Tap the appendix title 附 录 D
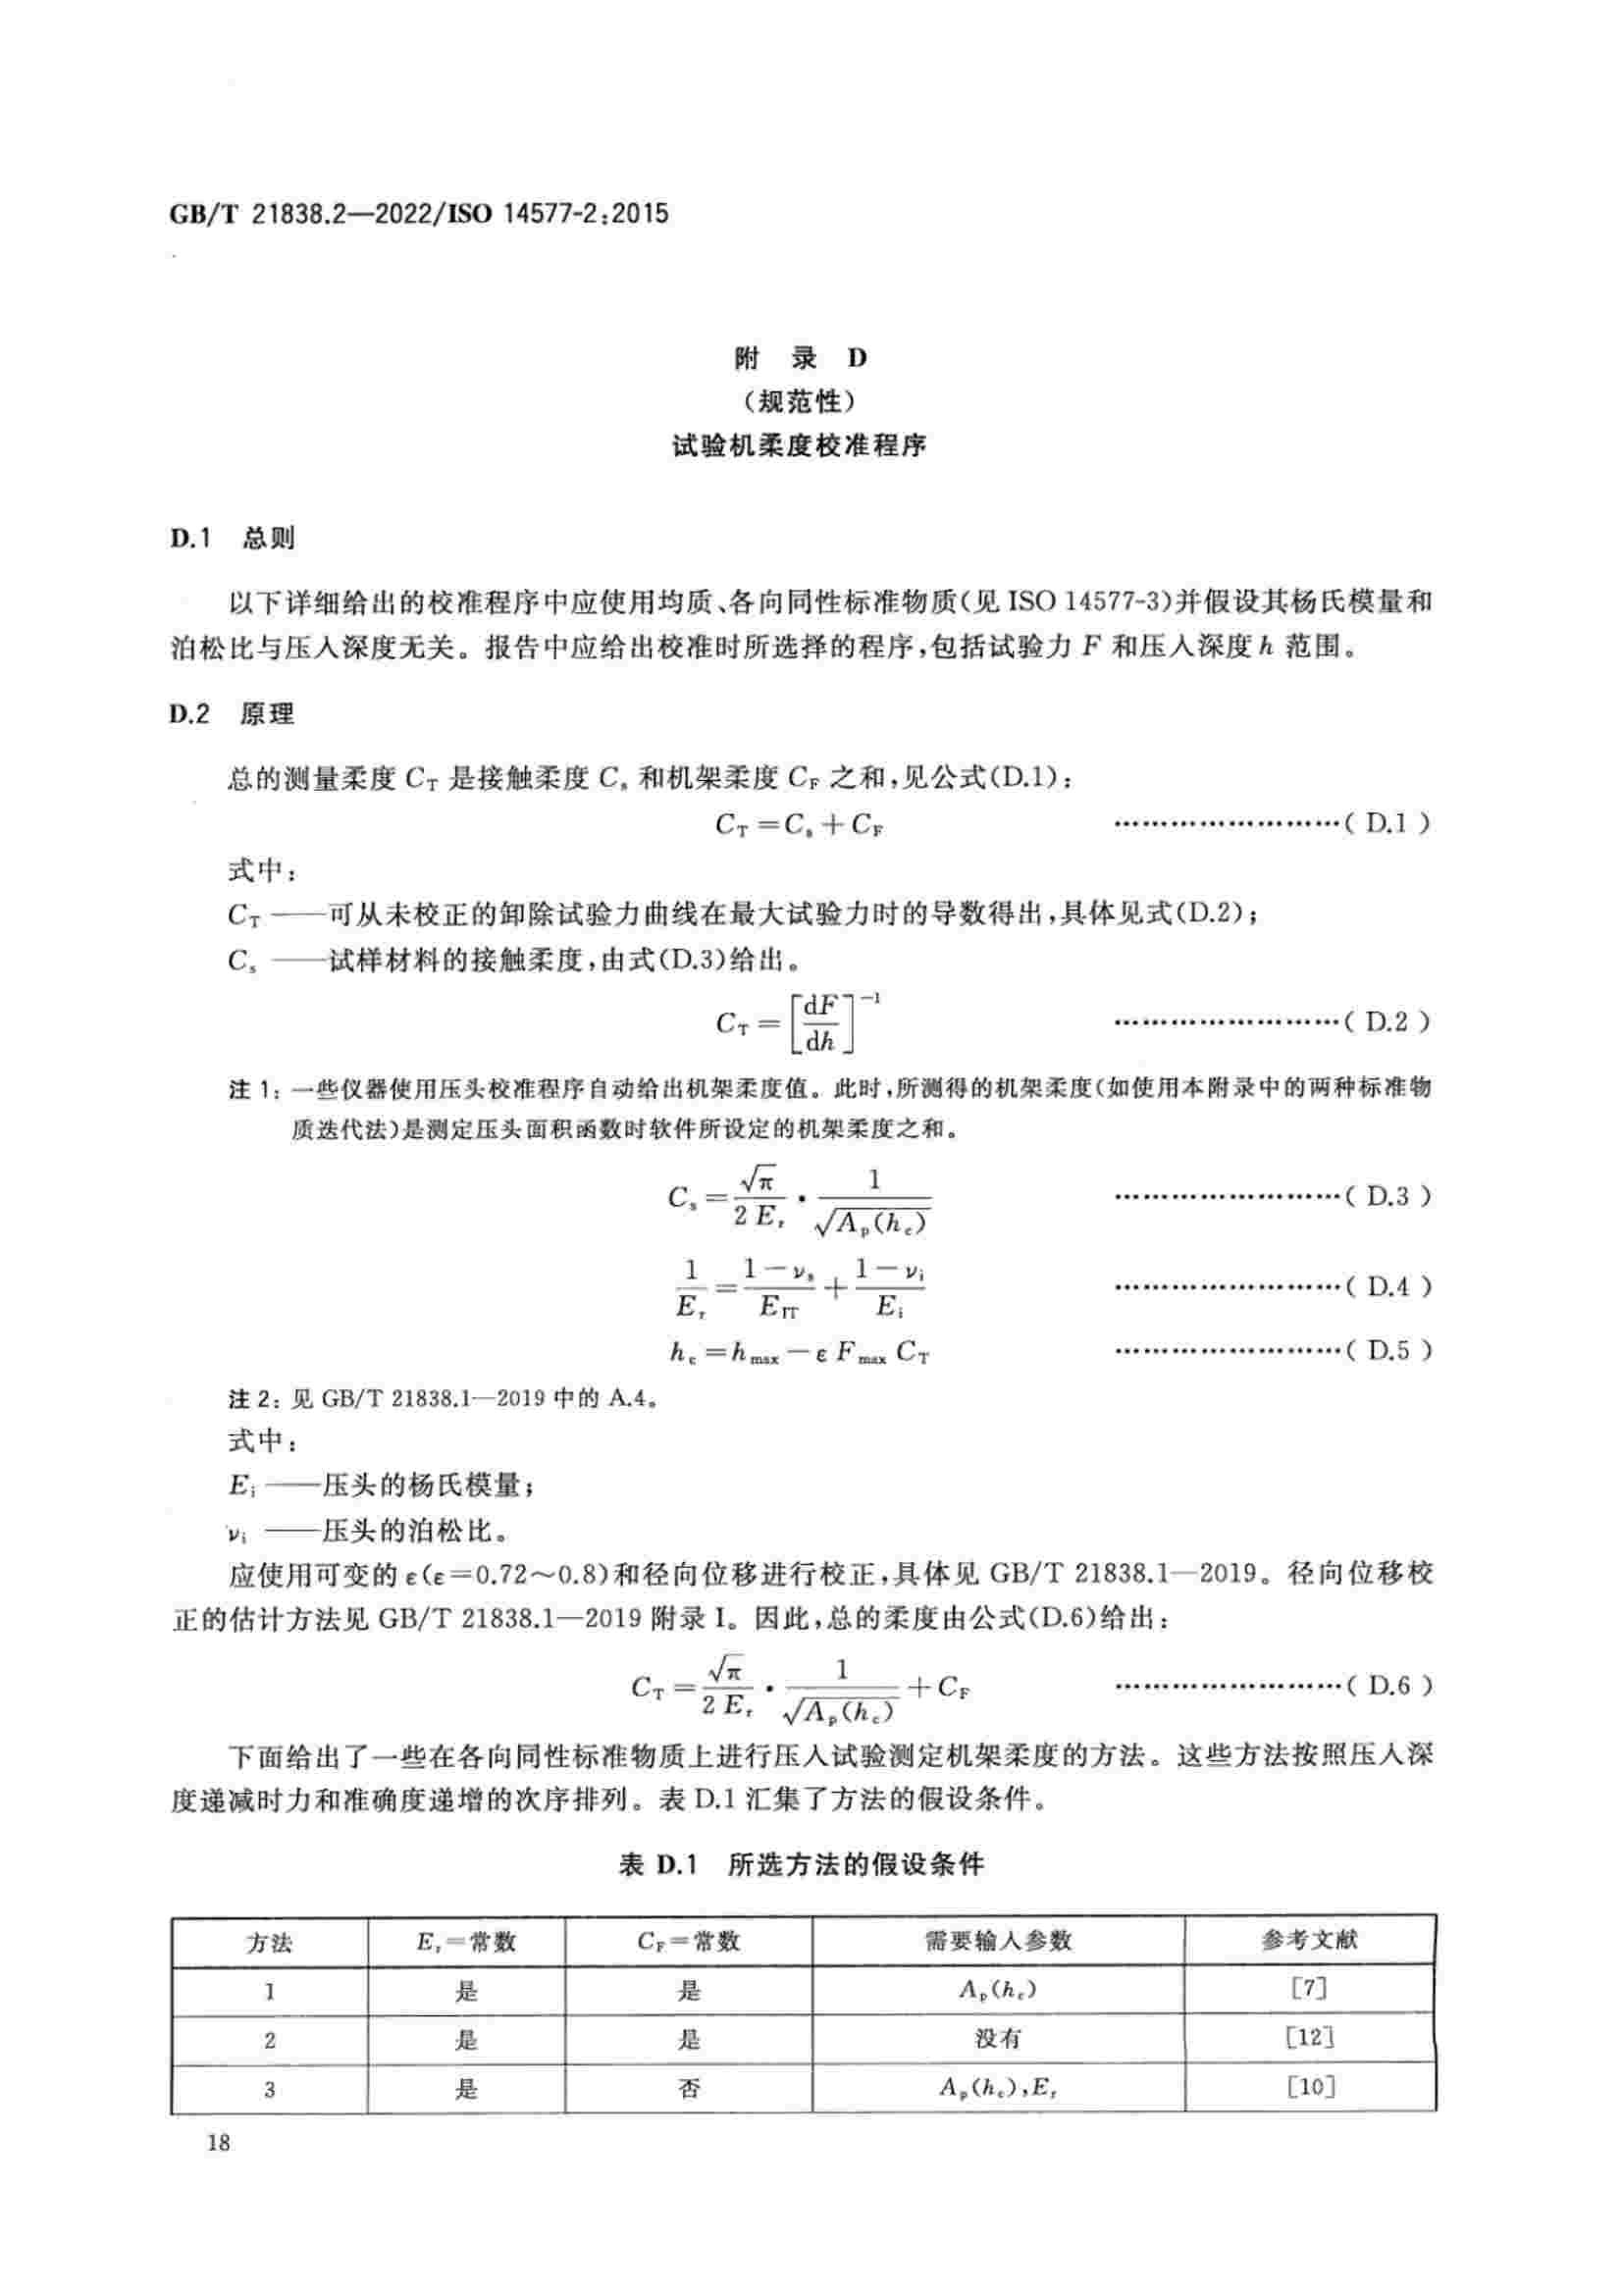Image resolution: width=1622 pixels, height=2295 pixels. (x=801, y=358)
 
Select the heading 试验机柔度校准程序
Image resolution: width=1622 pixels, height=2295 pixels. (x=800, y=445)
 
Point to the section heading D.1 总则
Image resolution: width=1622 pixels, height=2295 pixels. (x=232, y=538)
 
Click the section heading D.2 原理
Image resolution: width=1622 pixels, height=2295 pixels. (x=232, y=713)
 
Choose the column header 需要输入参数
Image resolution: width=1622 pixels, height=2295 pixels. (x=997, y=1940)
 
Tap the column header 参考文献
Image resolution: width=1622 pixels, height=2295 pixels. (x=1309, y=1940)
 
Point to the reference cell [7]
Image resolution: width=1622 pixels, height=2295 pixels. (x=1309, y=1988)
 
